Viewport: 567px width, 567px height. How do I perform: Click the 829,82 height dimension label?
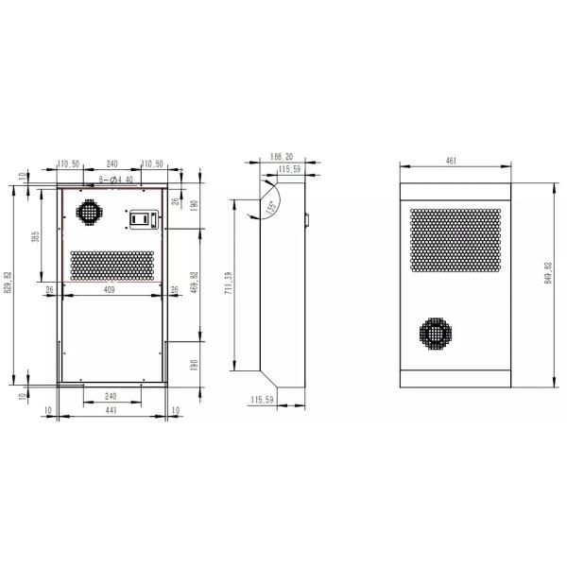[9, 283]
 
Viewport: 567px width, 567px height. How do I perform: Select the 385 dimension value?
[35, 236]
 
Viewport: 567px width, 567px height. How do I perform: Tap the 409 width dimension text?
[109, 291]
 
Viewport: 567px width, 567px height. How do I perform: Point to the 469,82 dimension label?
[194, 283]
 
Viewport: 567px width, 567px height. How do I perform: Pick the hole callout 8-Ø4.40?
[114, 180]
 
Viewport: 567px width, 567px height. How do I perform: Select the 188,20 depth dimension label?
[281, 157]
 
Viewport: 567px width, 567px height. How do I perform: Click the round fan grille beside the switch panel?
[87, 212]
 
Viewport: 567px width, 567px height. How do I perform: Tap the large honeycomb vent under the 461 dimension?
[455, 239]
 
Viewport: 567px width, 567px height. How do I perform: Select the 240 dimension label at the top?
[112, 163]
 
